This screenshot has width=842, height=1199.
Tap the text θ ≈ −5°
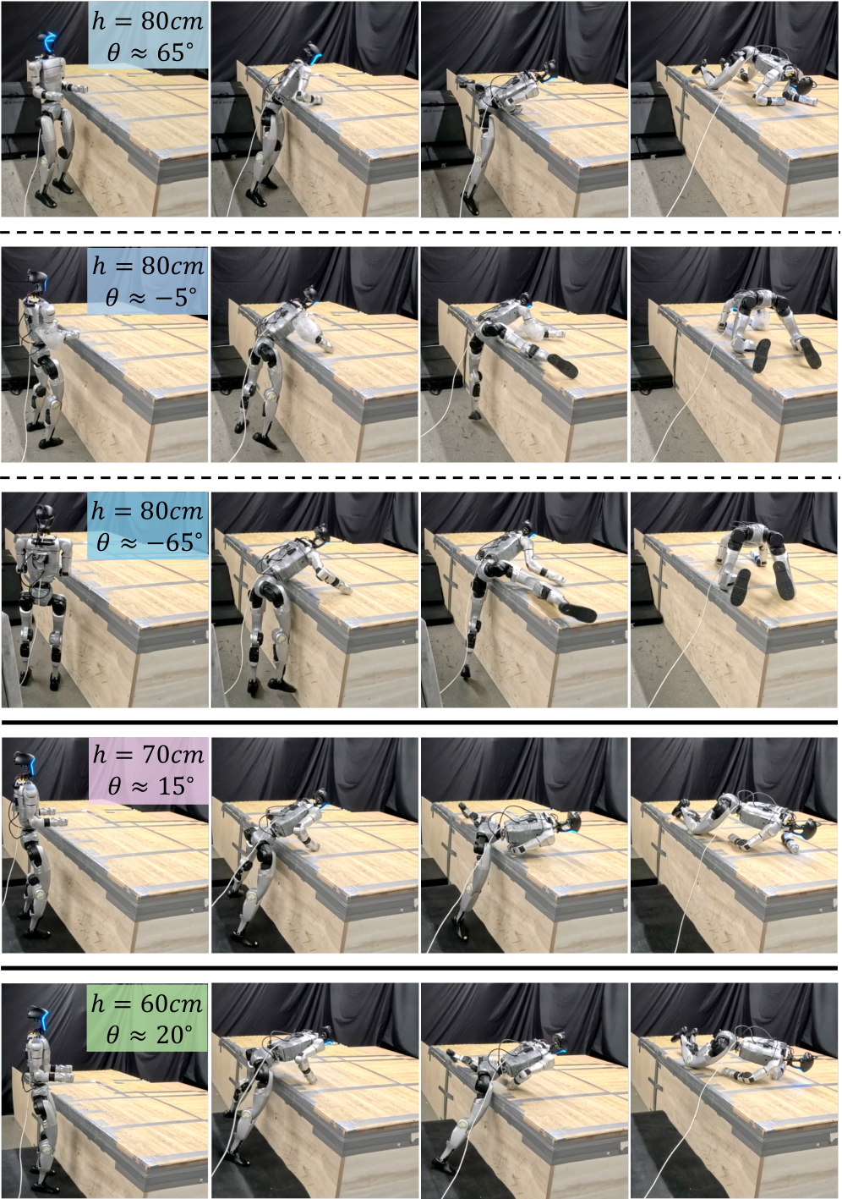pyautogui.click(x=150, y=296)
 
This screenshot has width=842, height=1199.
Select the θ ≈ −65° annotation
pyautogui.click(x=150, y=542)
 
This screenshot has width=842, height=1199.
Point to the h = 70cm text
pyautogui.click(x=149, y=755)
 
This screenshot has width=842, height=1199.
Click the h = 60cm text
pyautogui.click(x=147, y=1003)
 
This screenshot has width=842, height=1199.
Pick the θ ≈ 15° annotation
pyautogui.click(x=150, y=786)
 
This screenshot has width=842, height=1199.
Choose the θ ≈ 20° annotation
pyautogui.click(x=150, y=1035)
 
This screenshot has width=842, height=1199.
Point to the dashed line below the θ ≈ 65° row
pyautogui.click(x=421, y=233)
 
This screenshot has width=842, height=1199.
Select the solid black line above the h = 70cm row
pyautogui.click(x=420, y=723)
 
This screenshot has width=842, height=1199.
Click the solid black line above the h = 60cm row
pyautogui.click(x=420, y=968)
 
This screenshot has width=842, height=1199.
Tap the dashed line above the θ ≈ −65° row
pyautogui.click(x=421, y=477)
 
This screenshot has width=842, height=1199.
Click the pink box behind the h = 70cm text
pyautogui.click(x=149, y=771)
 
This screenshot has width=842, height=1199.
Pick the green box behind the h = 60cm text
pyautogui.click(x=147, y=1018)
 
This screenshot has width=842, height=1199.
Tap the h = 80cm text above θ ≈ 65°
pyautogui.click(x=148, y=21)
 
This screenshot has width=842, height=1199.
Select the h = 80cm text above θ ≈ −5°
pyautogui.click(x=148, y=266)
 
